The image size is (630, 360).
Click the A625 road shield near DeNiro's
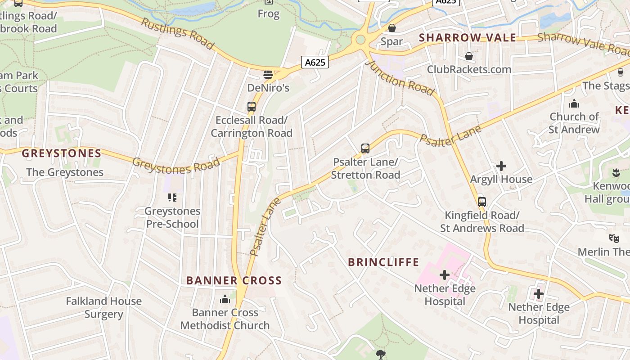(x=315, y=63)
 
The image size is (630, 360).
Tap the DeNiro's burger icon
(x=268, y=74)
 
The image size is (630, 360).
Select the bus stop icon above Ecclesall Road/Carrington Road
(x=252, y=107)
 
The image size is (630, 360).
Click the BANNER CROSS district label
(x=234, y=281)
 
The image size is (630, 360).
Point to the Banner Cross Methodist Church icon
(x=225, y=299)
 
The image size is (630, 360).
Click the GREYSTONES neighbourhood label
(x=62, y=153)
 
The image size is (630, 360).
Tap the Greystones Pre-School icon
(x=172, y=197)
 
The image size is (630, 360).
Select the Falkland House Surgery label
(x=103, y=307)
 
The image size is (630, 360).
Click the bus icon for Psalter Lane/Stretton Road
(x=365, y=148)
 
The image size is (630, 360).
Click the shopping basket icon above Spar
(x=392, y=28)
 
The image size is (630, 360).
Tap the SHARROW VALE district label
(x=468, y=38)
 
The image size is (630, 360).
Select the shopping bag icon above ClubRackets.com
(x=469, y=56)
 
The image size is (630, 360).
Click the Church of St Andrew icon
(x=574, y=104)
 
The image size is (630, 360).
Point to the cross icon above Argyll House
(x=501, y=166)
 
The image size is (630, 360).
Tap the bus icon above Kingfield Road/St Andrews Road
(x=482, y=202)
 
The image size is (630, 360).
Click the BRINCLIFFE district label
(x=384, y=262)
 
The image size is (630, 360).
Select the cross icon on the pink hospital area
(x=445, y=274)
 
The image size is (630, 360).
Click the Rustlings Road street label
(x=177, y=33)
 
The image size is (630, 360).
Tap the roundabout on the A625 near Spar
(x=360, y=40)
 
